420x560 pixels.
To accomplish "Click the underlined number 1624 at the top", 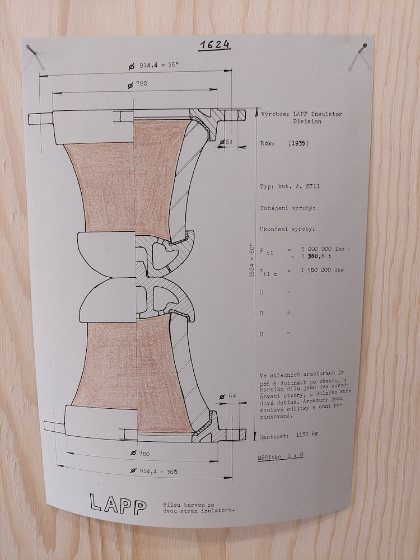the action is [x=215, y=45].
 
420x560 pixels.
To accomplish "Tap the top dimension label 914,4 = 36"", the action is [x=153, y=66].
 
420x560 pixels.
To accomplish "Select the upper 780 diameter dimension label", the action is [x=138, y=85].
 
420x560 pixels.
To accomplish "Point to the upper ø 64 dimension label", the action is [x=226, y=142].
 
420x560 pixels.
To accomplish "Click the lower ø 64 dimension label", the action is [x=228, y=396].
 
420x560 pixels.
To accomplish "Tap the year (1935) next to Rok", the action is [x=298, y=143].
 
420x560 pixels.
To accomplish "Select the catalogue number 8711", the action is [x=312, y=186].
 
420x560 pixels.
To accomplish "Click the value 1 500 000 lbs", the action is [x=322, y=270].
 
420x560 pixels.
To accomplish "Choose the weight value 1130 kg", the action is [x=306, y=435].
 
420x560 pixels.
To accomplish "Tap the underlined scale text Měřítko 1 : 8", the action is [x=281, y=456].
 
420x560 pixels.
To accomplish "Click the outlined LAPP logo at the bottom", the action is [x=118, y=505].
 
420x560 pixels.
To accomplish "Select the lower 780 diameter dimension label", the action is [x=139, y=453].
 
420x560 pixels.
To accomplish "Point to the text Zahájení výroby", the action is [x=287, y=208].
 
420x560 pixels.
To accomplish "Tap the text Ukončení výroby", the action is [x=287, y=229].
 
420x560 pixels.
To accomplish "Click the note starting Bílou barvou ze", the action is [x=199, y=507].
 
